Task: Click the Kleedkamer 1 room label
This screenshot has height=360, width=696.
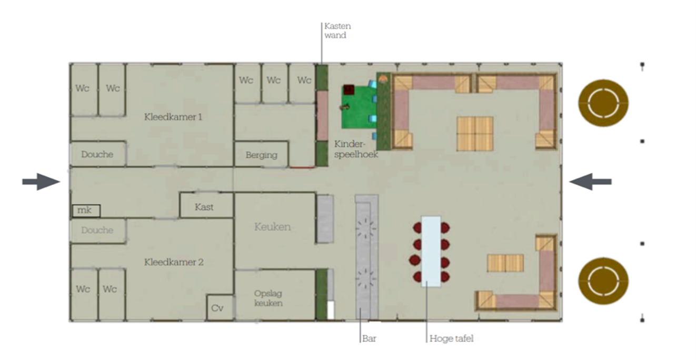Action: pyautogui.click(x=173, y=117)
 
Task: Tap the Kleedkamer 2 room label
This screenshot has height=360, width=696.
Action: pyautogui.click(x=174, y=262)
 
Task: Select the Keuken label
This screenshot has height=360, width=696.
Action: pyautogui.click(x=273, y=227)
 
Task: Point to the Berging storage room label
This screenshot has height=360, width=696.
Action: pyautogui.click(x=261, y=155)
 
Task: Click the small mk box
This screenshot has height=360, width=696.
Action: pyautogui.click(x=86, y=211)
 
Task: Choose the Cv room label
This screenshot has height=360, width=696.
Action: pyautogui.click(x=217, y=308)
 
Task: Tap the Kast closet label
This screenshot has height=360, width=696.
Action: pyautogui.click(x=204, y=207)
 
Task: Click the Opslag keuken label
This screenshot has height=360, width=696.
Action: pyautogui.click(x=269, y=298)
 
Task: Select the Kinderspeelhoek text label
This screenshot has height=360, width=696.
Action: pyautogui.click(x=356, y=149)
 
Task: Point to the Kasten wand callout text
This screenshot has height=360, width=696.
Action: pyautogui.click(x=337, y=31)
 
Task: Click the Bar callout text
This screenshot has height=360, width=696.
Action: pyautogui.click(x=369, y=338)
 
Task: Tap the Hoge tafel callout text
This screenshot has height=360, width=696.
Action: pyautogui.click(x=452, y=338)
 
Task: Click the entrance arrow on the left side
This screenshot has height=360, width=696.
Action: pyautogui.click(x=41, y=182)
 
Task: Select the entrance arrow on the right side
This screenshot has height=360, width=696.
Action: pyautogui.click(x=590, y=182)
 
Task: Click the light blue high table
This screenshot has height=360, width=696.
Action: pyautogui.click(x=431, y=252)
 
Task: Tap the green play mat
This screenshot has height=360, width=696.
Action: pyautogui.click(x=359, y=107)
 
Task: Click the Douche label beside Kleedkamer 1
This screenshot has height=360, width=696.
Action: pyautogui.click(x=97, y=154)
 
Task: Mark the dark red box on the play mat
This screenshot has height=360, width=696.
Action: pyautogui.click(x=349, y=89)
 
